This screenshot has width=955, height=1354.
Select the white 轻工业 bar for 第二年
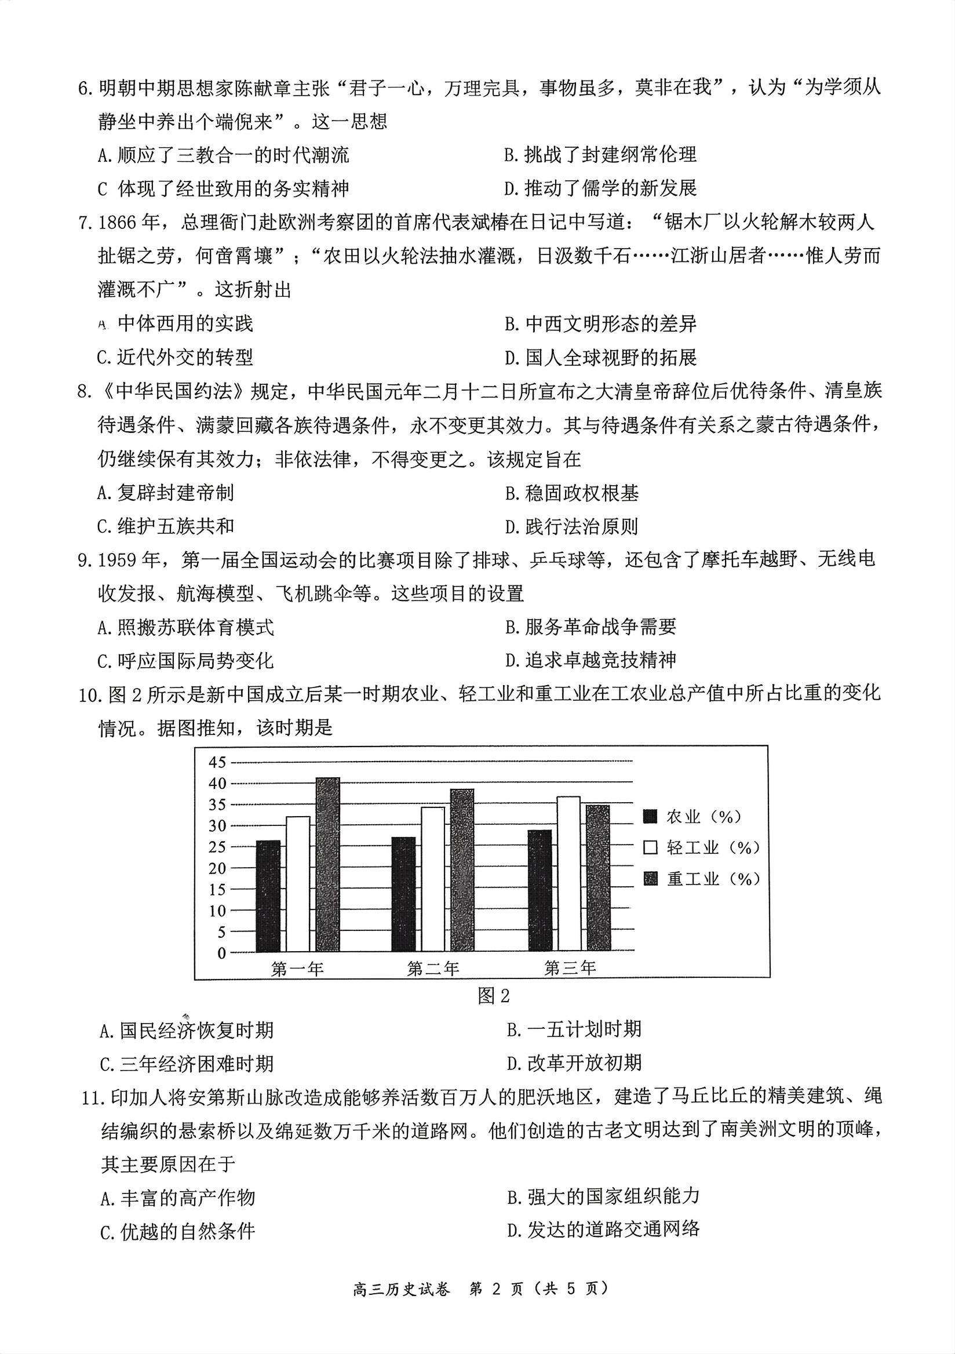(433, 879)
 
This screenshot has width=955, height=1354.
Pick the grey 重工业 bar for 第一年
(328, 865)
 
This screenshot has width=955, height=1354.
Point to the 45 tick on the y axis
(217, 763)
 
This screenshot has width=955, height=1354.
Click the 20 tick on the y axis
(217, 868)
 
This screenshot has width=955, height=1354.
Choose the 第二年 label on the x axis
(433, 969)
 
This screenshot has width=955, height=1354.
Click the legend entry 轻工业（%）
(713, 848)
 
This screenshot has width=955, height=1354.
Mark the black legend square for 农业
(651, 817)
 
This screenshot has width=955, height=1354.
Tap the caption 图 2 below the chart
(493, 996)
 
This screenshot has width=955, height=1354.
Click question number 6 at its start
(86, 89)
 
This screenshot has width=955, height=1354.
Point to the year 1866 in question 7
(120, 223)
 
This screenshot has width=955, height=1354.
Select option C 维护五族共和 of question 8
(166, 526)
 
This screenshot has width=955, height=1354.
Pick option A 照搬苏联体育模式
(185, 628)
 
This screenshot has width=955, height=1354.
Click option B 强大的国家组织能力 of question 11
(603, 1196)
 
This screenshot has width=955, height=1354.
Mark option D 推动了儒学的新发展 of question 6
(600, 189)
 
